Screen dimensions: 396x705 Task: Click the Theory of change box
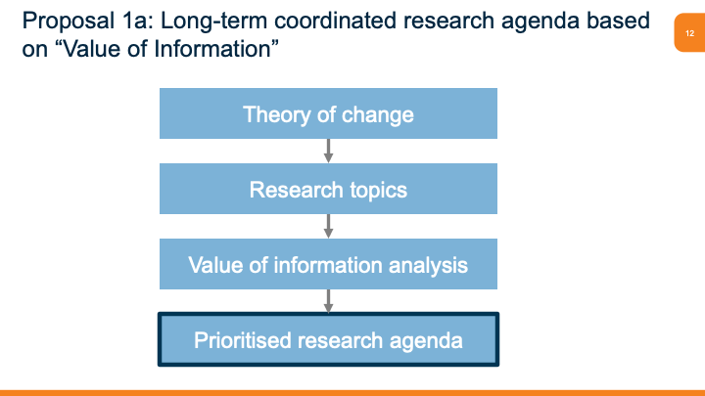point(328,113)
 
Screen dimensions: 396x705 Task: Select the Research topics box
point(328,189)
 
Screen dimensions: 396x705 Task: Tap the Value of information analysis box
point(328,264)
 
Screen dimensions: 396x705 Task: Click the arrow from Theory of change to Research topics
point(328,151)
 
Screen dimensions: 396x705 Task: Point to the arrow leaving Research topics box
point(328,226)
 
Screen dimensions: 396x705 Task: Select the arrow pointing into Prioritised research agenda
point(328,301)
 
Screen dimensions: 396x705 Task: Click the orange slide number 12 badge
point(689,34)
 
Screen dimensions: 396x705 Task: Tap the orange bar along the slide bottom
point(352,392)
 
